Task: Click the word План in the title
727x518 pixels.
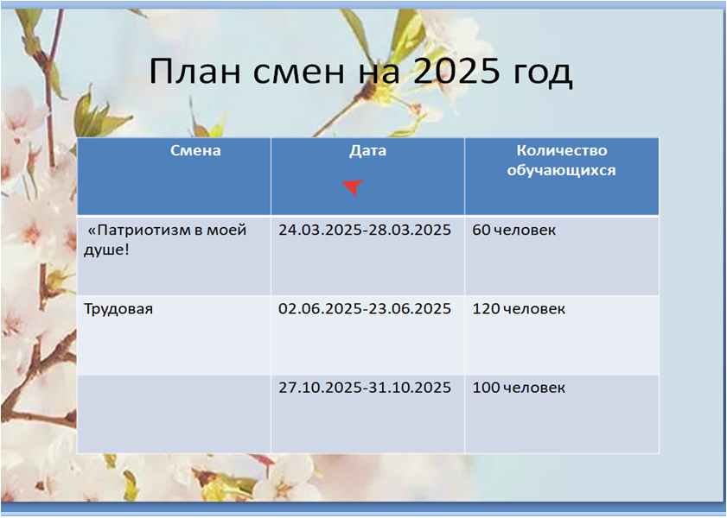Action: (x=195, y=71)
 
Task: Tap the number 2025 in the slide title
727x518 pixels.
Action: (x=456, y=71)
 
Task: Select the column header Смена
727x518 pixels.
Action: (x=195, y=150)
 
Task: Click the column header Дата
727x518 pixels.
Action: (x=367, y=151)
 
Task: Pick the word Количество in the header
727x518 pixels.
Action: (x=562, y=150)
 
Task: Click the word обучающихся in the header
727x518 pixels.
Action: (x=561, y=170)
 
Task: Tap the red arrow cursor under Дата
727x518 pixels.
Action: (x=354, y=187)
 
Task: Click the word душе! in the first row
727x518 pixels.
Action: (x=106, y=250)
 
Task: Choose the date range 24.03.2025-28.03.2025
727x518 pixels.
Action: (x=365, y=230)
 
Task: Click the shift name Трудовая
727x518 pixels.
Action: (x=118, y=309)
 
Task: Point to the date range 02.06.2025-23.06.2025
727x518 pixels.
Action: (x=365, y=309)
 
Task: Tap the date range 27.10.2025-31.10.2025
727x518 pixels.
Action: (x=365, y=388)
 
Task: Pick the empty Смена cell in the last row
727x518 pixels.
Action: (x=174, y=414)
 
